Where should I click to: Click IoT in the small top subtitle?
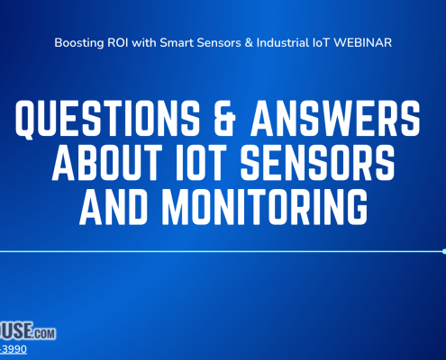(332, 41)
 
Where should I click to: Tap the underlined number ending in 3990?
(13, 350)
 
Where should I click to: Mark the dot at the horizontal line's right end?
(444, 251)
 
